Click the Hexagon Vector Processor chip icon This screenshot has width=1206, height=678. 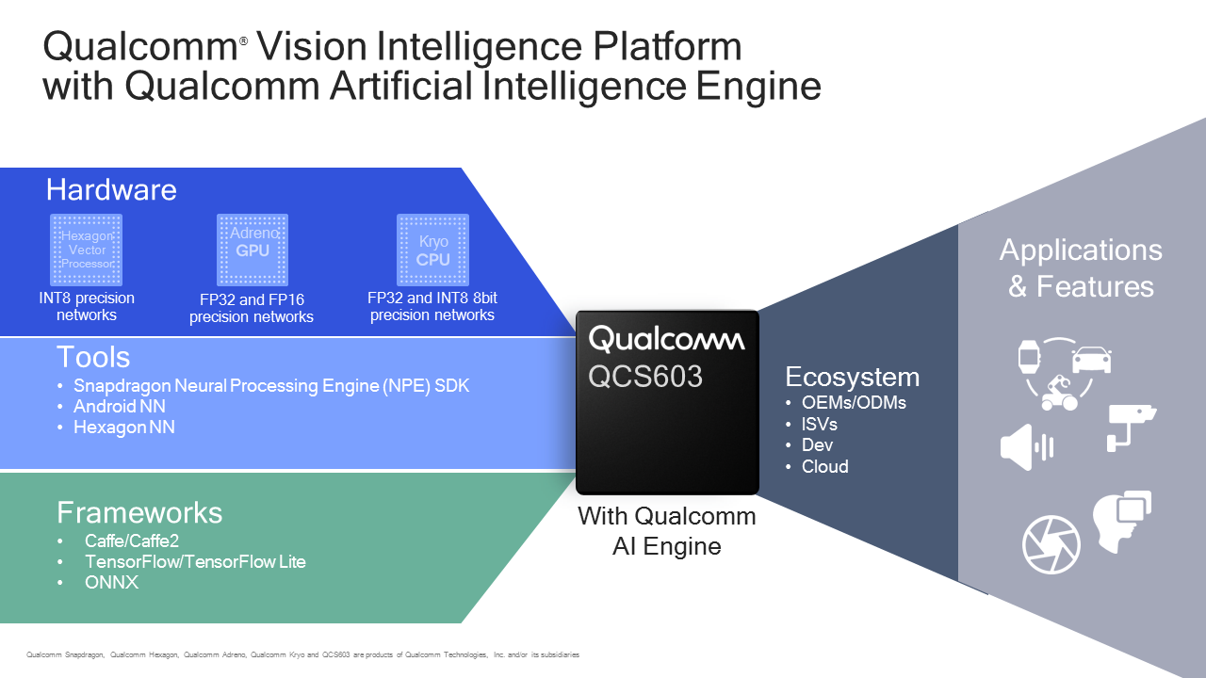tap(86, 250)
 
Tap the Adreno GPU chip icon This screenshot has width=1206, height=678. tap(252, 250)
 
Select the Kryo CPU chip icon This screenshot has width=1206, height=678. tap(432, 250)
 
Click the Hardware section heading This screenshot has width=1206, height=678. tap(111, 189)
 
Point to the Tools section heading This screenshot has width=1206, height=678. tap(92, 357)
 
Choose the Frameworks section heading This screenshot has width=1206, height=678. tap(139, 512)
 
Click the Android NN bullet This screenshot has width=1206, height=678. tap(120, 407)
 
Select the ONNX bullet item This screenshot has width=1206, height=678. tap(111, 583)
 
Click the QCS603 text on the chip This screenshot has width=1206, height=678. tap(646, 377)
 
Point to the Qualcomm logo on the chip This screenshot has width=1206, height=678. tap(666, 339)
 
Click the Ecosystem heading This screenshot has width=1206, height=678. tap(852, 378)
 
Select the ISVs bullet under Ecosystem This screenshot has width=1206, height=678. tap(819, 425)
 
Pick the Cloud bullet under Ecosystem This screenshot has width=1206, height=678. tap(824, 467)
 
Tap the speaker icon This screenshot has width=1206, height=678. tap(1025, 446)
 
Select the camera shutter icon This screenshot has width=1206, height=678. tap(1051, 545)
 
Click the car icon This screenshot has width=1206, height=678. tap(1091, 359)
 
